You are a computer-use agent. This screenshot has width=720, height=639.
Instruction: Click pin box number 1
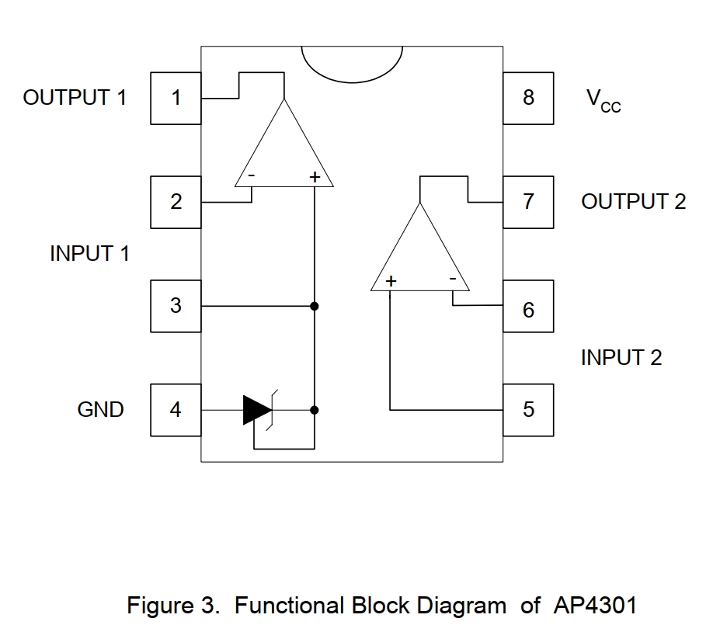176,98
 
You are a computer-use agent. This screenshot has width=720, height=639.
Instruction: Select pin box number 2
176,202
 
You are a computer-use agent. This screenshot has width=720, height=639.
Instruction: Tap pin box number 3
176,306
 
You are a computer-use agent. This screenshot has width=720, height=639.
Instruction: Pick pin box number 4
176,409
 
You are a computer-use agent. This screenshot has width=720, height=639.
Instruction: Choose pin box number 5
528,409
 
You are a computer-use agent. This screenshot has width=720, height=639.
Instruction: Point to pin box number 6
528,310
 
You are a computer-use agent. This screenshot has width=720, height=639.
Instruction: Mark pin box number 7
528,202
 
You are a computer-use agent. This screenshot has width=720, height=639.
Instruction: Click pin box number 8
528,98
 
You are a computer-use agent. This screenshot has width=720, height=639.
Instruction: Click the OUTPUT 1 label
75,98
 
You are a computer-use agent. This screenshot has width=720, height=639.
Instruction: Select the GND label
100,410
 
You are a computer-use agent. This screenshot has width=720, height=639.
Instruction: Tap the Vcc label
603,100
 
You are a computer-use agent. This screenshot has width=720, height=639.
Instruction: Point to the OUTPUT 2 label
633,202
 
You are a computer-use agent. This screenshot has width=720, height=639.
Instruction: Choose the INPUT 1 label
89,254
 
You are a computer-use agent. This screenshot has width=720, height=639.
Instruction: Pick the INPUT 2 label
621,358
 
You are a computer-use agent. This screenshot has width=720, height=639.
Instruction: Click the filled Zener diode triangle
256,409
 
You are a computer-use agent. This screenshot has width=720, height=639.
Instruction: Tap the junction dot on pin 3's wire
315,306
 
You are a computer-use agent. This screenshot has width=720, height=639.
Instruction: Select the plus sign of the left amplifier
315,177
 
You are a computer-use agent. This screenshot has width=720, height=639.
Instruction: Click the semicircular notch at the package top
352,62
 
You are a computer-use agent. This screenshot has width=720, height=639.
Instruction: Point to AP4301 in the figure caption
596,606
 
